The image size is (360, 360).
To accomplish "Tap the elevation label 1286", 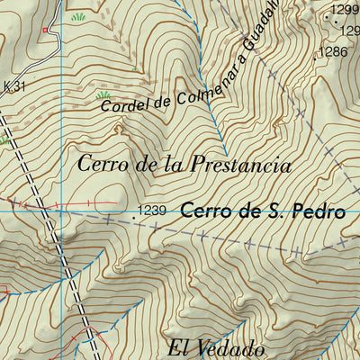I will (333, 52).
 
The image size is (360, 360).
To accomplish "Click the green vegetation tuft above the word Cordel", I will (103, 94).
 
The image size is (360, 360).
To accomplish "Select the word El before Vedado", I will (178, 348).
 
